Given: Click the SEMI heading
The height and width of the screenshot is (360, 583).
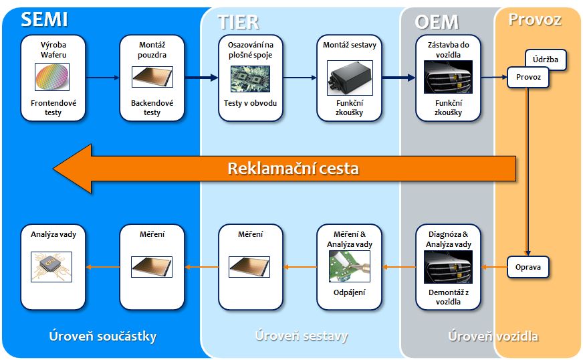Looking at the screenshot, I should point(44,19).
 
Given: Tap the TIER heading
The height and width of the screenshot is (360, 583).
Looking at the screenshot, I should point(238,21).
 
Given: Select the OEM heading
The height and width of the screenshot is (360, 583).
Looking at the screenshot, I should point(437,21).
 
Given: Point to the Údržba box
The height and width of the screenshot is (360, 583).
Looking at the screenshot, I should point(546,60).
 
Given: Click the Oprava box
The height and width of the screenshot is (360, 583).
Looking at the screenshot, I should point(528,268).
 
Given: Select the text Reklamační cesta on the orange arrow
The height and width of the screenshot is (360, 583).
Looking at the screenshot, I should point(293,168).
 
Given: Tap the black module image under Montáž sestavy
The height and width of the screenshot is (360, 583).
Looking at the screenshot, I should point(350,78).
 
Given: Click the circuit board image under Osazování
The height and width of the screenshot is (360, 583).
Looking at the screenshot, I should point(250,78).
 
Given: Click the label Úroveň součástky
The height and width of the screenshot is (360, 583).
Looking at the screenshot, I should point(103,336).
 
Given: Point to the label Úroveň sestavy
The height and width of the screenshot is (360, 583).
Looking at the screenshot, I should point(302,336).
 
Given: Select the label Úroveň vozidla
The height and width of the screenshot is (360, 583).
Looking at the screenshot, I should point(493,336).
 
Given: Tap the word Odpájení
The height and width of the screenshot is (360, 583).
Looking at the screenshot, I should point(350,292).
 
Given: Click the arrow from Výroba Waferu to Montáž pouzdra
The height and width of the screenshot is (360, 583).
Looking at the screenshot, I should point(103,78).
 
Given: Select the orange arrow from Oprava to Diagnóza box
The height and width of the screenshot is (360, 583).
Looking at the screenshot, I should point(493,268).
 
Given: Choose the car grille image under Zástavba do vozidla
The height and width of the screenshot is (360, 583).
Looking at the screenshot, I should point(448,78).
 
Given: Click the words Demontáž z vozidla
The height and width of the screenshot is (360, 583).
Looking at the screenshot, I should point(449,297).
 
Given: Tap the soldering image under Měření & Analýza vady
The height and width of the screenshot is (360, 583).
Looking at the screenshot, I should point(350,268).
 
